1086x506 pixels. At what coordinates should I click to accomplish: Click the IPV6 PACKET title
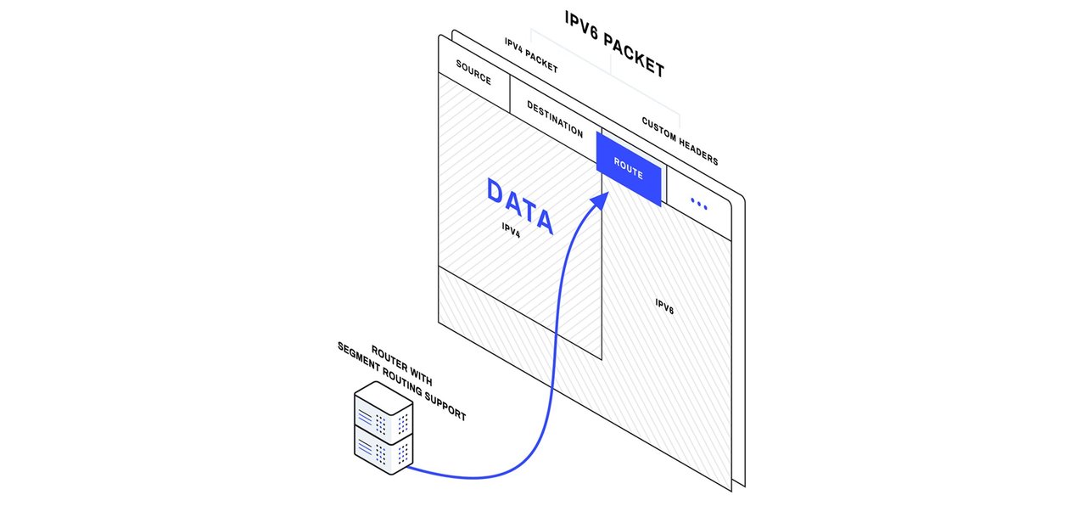(x=614, y=43)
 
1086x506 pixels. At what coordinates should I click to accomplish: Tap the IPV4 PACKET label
(x=531, y=55)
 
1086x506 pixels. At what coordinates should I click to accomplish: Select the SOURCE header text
(x=473, y=72)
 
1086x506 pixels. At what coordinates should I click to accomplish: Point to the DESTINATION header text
(x=555, y=120)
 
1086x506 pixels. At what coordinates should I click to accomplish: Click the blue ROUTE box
(x=629, y=169)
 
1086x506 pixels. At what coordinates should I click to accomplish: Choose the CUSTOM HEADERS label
(x=680, y=141)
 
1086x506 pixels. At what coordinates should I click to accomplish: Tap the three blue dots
(x=698, y=203)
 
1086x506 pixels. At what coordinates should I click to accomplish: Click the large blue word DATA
(x=520, y=205)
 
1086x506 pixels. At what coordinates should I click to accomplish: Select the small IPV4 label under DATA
(x=511, y=230)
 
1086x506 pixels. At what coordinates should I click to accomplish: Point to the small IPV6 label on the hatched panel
(x=664, y=306)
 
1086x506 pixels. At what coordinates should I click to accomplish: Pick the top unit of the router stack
(x=383, y=412)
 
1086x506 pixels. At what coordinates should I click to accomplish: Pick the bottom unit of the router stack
(x=383, y=451)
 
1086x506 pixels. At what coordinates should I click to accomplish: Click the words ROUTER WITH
(x=401, y=365)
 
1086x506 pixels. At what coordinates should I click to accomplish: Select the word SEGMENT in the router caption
(x=359, y=356)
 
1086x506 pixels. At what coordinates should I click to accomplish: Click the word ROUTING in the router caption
(x=402, y=381)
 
